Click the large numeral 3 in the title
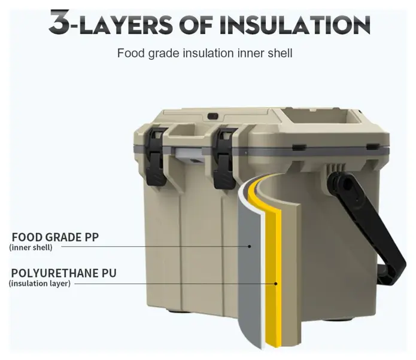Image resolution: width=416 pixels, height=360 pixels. click(60, 22)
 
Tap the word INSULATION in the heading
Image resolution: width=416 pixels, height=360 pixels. click(294, 25)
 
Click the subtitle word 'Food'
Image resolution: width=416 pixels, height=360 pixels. click(131, 53)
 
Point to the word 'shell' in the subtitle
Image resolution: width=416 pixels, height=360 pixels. click(280, 53)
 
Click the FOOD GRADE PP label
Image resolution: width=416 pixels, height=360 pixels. click(55, 237)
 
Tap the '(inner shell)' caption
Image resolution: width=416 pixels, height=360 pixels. click(31, 248)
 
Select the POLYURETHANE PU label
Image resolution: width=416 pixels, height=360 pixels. click(63, 273)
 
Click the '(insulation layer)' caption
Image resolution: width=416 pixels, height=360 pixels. click(40, 283)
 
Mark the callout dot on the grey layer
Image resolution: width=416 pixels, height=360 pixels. click(250, 246)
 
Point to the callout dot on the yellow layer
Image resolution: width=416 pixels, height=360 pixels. click(276, 283)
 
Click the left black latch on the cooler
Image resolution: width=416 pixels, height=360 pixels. click(156, 157)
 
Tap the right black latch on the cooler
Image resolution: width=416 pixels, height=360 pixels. click(226, 158)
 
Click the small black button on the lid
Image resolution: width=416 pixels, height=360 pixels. click(212, 116)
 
